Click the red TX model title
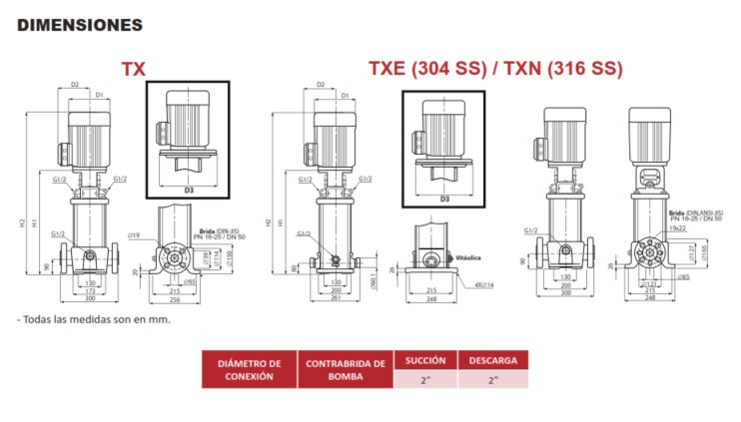pyautogui.click(x=133, y=69)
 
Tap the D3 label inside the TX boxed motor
pyautogui.click(x=189, y=188)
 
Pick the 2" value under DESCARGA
pyautogui.click(x=492, y=379)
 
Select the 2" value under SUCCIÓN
pyautogui.click(x=425, y=379)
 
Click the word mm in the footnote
pyautogui.click(x=160, y=320)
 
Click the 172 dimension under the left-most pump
pyautogui.click(x=89, y=289)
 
